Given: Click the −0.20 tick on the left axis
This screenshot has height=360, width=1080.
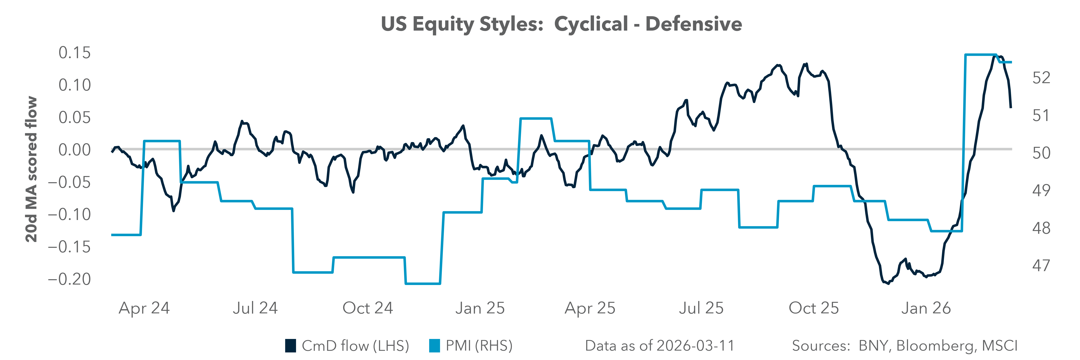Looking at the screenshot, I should click(70, 279).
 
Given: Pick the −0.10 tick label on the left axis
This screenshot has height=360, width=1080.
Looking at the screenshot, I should click(70, 215).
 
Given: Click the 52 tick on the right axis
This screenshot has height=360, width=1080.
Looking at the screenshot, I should click(1041, 78).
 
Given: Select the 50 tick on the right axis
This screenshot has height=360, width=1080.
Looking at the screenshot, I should click(1041, 153).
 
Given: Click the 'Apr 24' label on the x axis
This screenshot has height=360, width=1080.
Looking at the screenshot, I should click(144, 308).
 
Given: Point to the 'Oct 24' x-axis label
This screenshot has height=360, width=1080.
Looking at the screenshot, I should click(368, 308).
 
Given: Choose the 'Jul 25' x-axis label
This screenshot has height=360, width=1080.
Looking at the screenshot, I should click(701, 308).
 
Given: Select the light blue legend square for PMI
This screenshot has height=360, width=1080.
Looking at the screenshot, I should click(434, 346).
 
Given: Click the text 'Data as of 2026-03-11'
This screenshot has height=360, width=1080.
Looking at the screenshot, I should click(659, 346).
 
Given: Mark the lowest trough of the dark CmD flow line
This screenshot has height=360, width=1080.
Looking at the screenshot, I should click(888, 283).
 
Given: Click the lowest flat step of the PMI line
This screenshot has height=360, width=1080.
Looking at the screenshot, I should click(423, 284).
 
